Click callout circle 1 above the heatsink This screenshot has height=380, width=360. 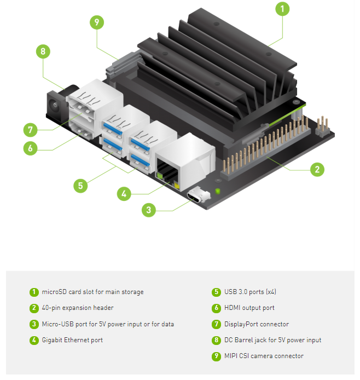point(282,9)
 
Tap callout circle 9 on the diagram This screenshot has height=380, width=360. point(97,22)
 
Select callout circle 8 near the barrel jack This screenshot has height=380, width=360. point(43,51)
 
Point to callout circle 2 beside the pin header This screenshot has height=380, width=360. point(317,169)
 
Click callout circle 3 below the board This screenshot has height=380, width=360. point(149,210)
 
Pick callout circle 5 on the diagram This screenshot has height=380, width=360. point(80,186)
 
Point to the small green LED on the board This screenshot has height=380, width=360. point(218,191)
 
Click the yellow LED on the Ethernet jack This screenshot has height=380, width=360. point(176,186)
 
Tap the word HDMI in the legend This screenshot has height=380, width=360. point(233,308)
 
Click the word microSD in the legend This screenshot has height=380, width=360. point(54,292)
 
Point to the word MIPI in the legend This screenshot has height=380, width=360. point(231,356)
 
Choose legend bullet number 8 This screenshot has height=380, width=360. point(217,340)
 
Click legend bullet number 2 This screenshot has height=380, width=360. point(34,308)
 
